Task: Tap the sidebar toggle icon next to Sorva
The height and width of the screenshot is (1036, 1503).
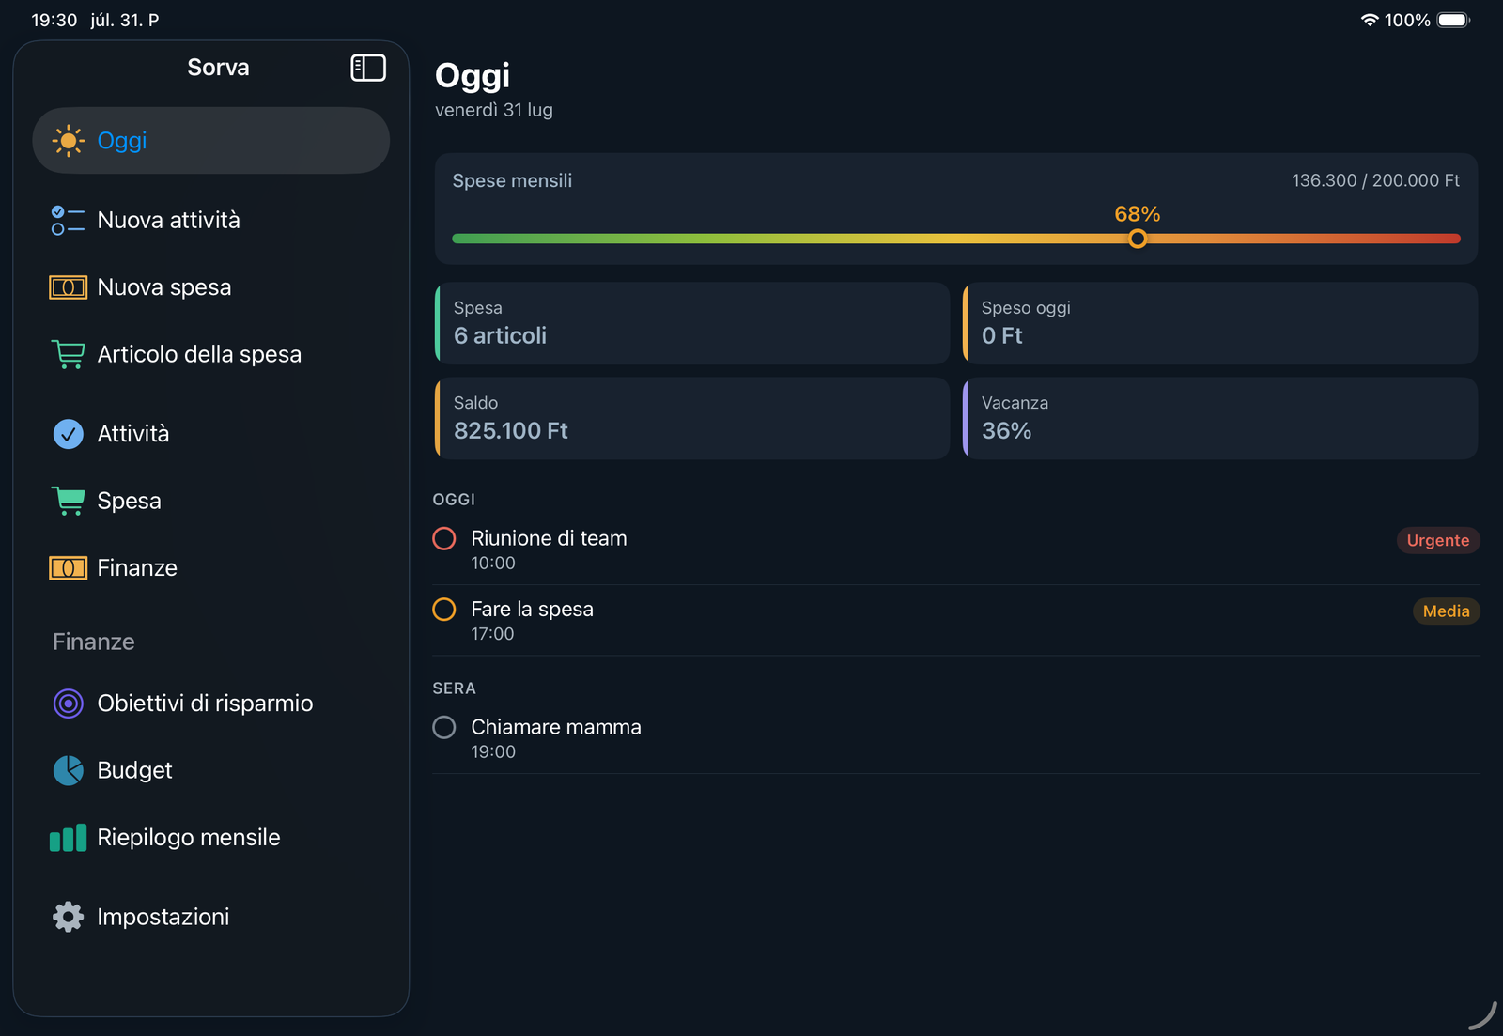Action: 367,68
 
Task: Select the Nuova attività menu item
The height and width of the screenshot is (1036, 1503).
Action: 168,220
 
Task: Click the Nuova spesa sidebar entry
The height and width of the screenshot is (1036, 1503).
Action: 163,287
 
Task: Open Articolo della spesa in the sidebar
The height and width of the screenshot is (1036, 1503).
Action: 198,354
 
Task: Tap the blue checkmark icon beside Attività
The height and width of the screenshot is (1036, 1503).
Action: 68,433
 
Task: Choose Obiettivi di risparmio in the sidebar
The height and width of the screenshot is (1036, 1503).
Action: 205,704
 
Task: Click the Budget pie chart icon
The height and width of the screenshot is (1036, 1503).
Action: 68,770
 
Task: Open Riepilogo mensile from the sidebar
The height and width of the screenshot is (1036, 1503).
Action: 189,838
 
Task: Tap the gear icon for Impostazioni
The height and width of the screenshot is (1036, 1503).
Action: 68,917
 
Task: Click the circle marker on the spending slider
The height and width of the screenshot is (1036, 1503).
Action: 1137,239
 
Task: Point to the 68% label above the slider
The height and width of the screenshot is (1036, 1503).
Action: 1137,214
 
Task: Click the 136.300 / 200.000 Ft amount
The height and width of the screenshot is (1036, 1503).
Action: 1375,180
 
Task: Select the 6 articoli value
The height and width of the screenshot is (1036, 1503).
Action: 500,335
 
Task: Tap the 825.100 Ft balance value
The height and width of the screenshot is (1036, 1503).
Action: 511,431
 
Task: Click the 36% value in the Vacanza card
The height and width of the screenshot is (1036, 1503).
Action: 1006,431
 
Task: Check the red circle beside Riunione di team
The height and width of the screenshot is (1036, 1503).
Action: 444,538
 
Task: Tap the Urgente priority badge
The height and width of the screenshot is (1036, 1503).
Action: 1438,540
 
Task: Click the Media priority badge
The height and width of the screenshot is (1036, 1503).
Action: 1446,611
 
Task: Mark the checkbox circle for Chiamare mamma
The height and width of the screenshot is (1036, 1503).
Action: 444,727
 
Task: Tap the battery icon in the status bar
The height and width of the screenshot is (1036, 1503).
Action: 1453,20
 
